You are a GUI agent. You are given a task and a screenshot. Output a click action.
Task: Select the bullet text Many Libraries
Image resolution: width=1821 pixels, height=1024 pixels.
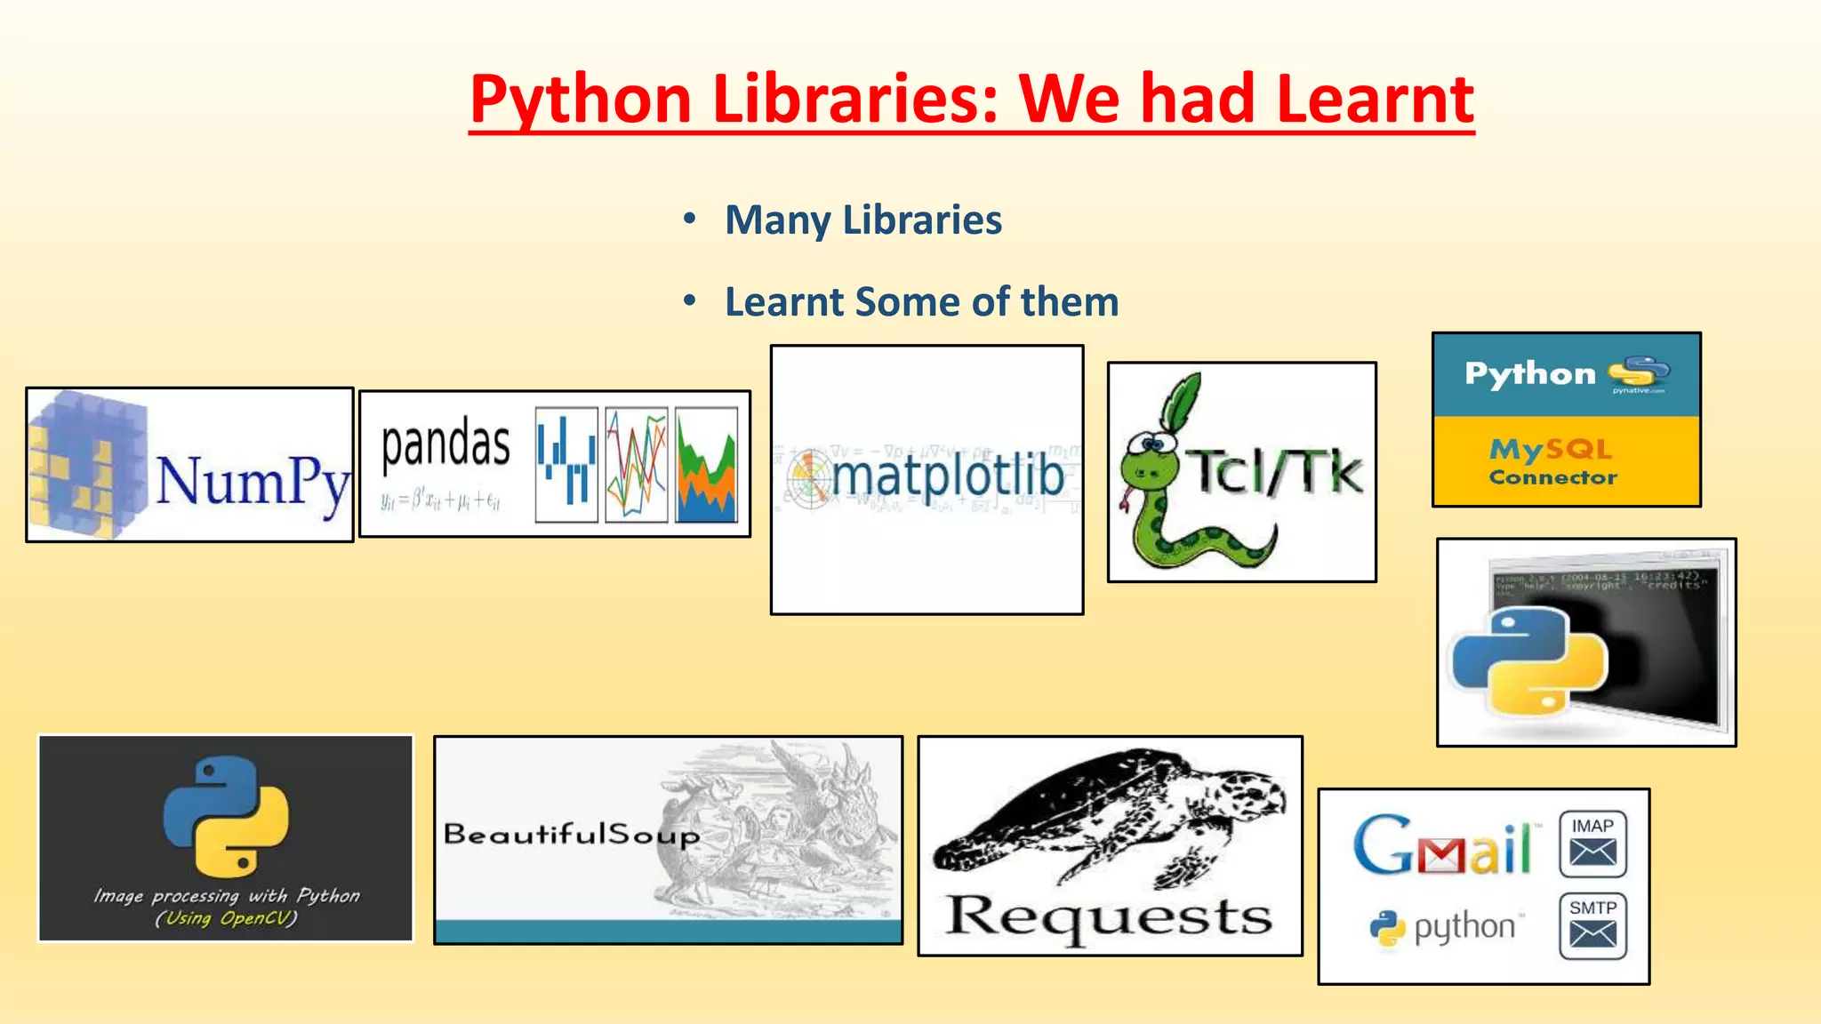[862, 220]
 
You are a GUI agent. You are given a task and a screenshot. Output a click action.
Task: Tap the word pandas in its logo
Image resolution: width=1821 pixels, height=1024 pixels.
[445, 444]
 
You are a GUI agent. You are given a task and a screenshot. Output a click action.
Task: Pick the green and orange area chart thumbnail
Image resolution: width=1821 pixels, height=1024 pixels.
[706, 465]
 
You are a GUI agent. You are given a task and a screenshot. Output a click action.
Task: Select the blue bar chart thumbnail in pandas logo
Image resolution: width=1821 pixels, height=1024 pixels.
[566, 465]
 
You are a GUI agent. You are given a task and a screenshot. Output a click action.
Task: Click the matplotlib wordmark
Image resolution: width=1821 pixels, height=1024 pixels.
[947, 476]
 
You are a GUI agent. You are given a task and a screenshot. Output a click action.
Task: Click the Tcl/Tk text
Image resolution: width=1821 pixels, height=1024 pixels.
[1276, 472]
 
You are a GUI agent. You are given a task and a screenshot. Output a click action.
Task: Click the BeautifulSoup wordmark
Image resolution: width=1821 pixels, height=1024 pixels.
[571, 834]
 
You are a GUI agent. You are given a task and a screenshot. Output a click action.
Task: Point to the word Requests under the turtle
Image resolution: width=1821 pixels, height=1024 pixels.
[1109, 916]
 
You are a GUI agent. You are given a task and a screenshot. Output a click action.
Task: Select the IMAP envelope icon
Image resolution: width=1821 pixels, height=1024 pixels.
[1592, 844]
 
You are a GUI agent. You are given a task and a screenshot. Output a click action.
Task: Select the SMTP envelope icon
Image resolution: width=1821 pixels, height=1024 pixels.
[1592, 926]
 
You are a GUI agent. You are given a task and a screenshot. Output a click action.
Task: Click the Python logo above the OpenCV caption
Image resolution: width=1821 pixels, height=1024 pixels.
[226, 816]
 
